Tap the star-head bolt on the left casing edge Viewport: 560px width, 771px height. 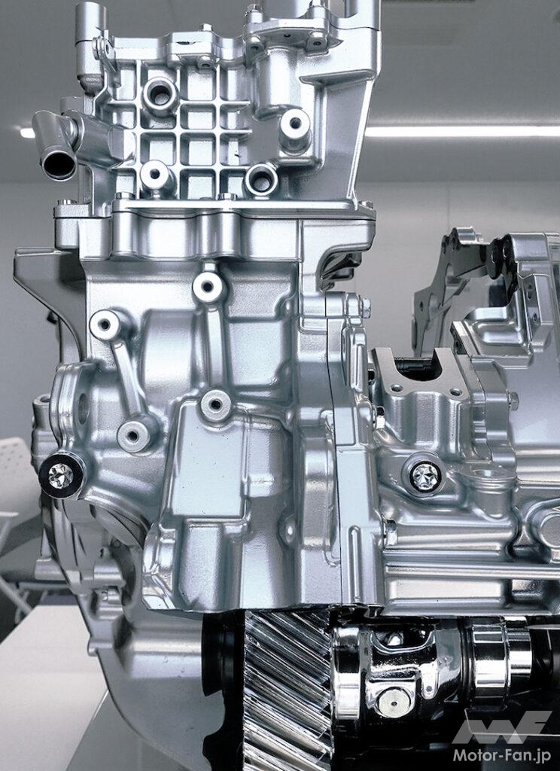[x=61, y=475]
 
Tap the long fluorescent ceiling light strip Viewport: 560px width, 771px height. [x=461, y=131]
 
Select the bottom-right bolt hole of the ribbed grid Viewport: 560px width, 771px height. [x=262, y=181]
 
